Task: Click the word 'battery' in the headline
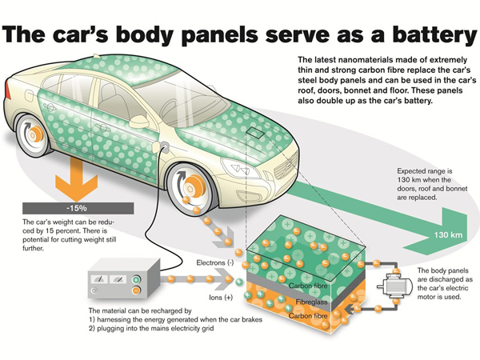pyautogui.click(x=435, y=34)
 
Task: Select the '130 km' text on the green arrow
pyautogui.click(x=448, y=235)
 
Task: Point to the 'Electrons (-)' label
pyautogui.click(x=214, y=262)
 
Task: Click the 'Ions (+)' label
pyautogui.click(x=221, y=298)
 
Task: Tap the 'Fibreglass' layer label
pyautogui.click(x=311, y=302)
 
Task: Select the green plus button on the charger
pyautogui.click(x=136, y=279)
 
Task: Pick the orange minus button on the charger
pyautogui.click(x=136, y=290)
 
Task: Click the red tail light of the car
pyautogui.click(x=7, y=90)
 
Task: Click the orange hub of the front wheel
pyautogui.click(x=195, y=186)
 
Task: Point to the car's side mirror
pyautogui.click(x=139, y=122)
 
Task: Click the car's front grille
pyautogui.click(x=286, y=166)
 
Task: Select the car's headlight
pyautogui.click(x=241, y=168)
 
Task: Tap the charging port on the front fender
pyautogui.click(x=165, y=146)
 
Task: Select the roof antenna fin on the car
pyautogui.click(x=97, y=56)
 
